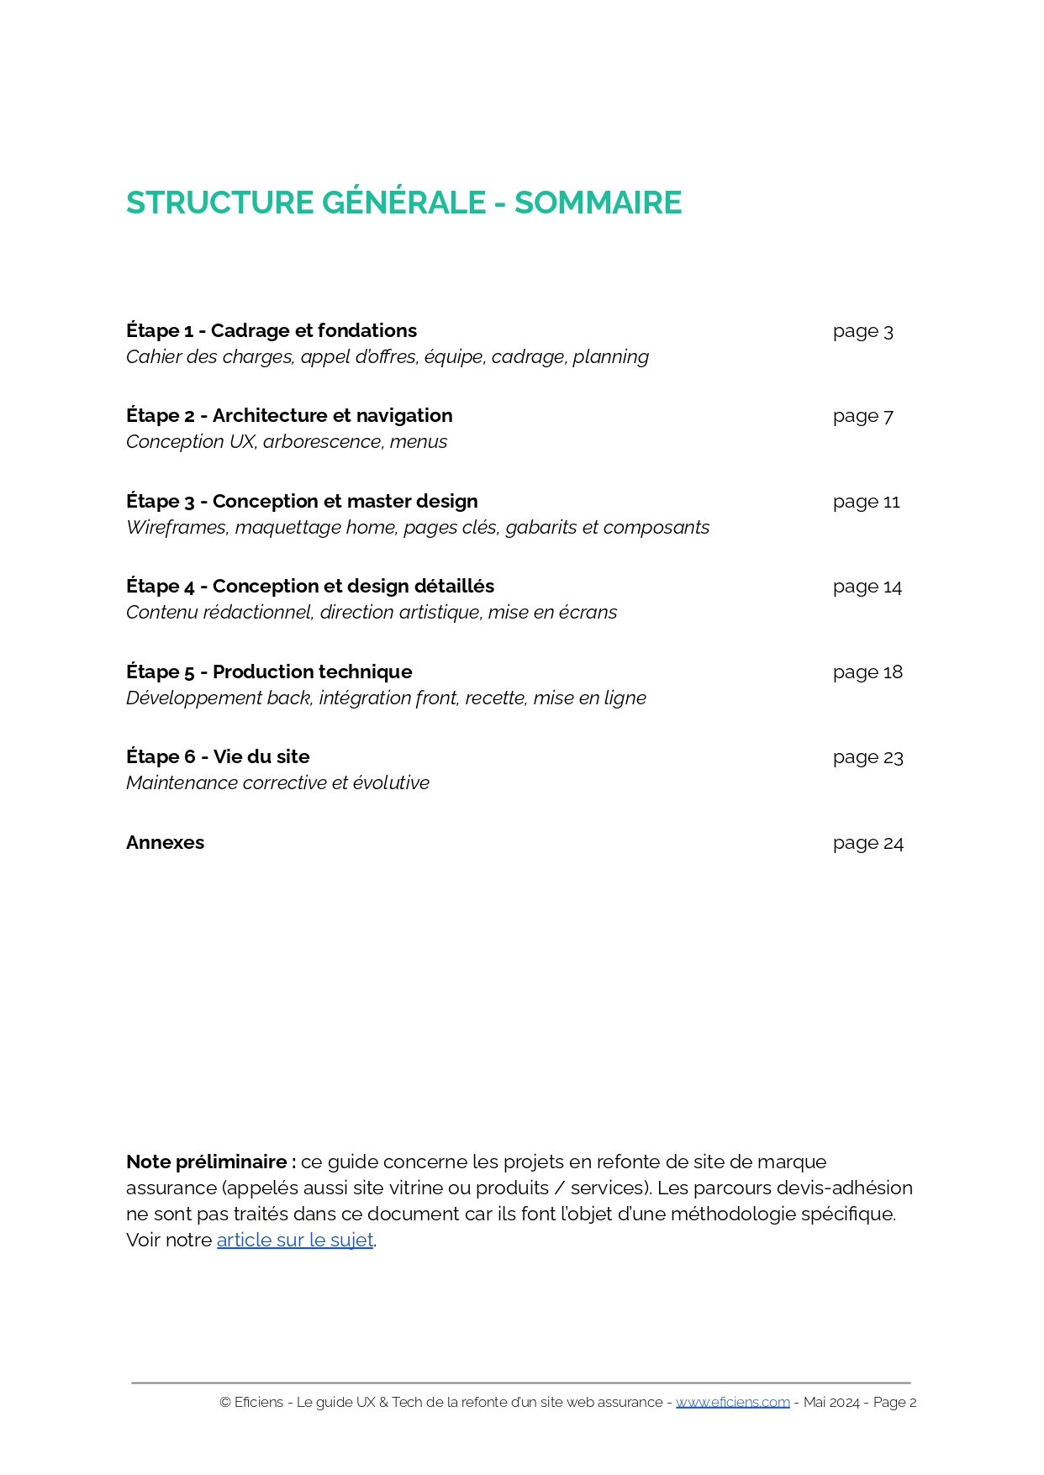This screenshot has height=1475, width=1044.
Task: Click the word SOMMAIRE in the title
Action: point(598,203)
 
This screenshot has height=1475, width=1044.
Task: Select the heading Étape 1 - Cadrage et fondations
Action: point(272,330)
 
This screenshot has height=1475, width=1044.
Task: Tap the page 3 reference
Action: point(862,331)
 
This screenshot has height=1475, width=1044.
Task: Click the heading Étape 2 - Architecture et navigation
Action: point(289,415)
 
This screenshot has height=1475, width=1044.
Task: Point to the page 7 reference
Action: point(862,416)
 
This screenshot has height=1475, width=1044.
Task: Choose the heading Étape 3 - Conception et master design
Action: point(302,501)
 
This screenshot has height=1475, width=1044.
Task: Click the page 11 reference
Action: point(866,502)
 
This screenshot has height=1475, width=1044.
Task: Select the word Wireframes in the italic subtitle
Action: point(176,527)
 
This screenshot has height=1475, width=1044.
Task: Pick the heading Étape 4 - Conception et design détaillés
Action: point(310,586)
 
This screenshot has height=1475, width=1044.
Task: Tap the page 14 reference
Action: point(867,587)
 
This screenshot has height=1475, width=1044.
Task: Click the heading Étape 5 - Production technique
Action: point(269,672)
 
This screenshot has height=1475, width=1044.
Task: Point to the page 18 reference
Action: point(867,672)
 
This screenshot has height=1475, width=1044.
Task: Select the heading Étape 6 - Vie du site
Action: point(218,756)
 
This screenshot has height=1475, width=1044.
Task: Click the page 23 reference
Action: point(867,757)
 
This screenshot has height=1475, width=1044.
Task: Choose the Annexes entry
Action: point(165,842)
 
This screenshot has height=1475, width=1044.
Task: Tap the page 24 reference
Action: point(867,843)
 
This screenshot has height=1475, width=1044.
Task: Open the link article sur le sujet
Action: point(295,1240)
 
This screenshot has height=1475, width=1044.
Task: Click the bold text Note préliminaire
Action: point(210,1162)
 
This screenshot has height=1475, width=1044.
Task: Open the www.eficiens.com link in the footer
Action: point(732,1402)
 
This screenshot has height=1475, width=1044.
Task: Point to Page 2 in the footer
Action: point(894,1402)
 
